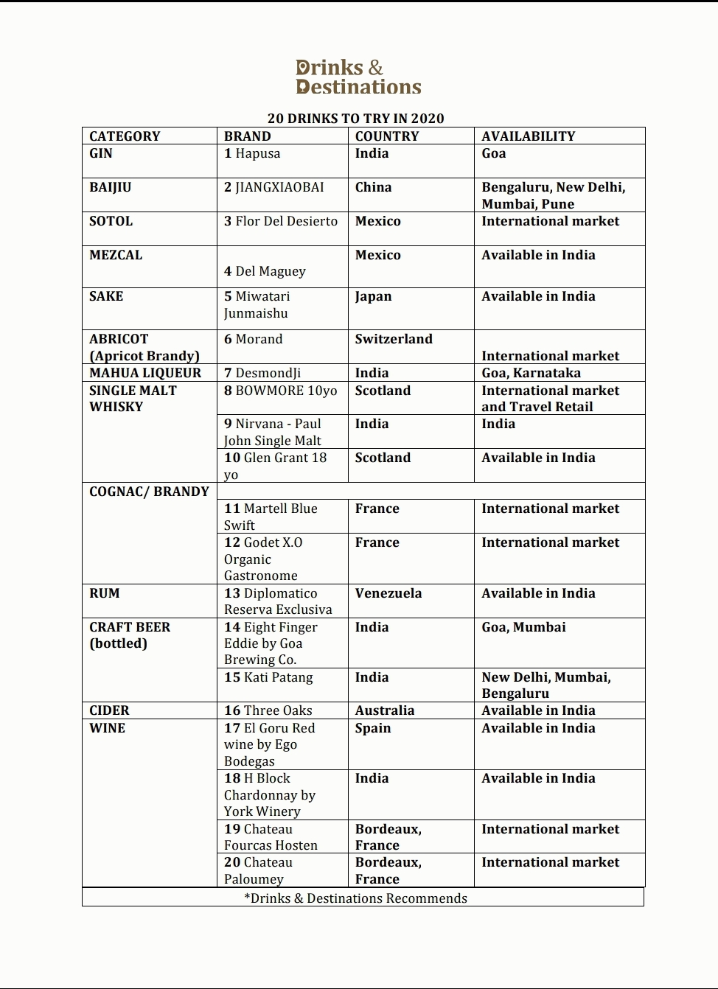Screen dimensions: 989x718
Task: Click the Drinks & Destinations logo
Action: tap(358, 77)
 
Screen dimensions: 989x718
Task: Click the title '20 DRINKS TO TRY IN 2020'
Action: tap(356, 119)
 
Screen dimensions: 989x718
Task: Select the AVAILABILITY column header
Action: tap(528, 136)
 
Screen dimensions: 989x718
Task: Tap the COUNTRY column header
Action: tap(387, 136)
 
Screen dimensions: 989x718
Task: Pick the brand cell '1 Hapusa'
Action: tap(252, 153)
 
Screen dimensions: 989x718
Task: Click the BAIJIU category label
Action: tap(111, 187)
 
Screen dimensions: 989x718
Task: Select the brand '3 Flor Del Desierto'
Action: tap(281, 221)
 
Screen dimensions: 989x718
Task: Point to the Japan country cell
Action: tap(374, 296)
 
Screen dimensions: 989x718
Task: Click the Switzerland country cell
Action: tap(394, 339)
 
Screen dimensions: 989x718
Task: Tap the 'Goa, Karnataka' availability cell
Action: tap(531, 373)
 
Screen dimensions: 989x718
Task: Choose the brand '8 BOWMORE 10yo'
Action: tap(280, 391)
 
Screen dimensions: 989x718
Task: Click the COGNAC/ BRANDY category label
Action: tap(149, 492)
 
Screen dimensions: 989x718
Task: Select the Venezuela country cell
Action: tap(388, 593)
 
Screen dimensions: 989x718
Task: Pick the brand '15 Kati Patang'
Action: tap(268, 677)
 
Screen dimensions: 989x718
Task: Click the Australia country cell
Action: tap(385, 710)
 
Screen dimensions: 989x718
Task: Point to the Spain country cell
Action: tap(373, 728)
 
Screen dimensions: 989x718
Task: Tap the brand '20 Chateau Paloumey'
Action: tap(258, 870)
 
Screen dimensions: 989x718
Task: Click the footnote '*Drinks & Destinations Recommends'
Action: tap(355, 898)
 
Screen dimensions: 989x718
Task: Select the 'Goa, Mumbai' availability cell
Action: tap(523, 627)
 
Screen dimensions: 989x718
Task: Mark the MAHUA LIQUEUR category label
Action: tap(145, 373)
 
